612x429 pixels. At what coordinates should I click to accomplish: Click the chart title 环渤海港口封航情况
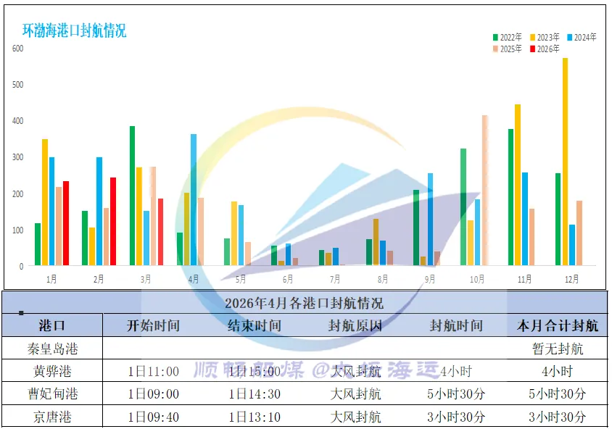(74, 30)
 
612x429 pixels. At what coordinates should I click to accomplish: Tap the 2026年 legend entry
(545, 49)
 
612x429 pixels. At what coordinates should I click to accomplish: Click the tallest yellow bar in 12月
(565, 162)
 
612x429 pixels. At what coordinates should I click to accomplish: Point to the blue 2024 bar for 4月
(194, 199)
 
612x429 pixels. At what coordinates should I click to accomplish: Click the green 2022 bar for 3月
(133, 196)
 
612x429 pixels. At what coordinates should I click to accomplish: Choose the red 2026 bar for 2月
(113, 221)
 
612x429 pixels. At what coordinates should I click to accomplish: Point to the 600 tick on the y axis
(17, 49)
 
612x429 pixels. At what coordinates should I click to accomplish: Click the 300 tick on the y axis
(17, 157)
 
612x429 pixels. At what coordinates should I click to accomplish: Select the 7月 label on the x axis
(335, 279)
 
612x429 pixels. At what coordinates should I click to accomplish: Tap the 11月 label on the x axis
(525, 279)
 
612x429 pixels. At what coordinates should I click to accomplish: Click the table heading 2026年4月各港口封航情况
(304, 303)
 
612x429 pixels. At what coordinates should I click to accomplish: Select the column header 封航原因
(355, 325)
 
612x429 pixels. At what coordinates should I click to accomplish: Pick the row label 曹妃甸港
(51, 393)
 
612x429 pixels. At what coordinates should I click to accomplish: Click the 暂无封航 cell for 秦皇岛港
(558, 349)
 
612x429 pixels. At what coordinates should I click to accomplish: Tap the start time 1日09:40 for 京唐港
(153, 417)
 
